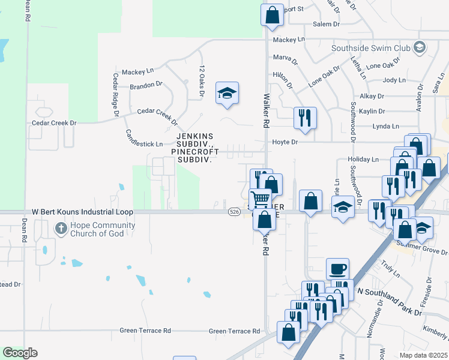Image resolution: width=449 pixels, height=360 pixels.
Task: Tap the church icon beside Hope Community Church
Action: pyautogui.click(x=61, y=228)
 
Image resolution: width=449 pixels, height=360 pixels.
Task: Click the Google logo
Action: pyautogui.click(x=20, y=352)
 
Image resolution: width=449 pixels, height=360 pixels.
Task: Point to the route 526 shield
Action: pyautogui.click(x=235, y=212)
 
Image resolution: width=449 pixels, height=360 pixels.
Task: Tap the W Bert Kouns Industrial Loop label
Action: pyautogui.click(x=82, y=212)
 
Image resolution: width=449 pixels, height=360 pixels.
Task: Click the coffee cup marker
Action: pyautogui.click(x=337, y=268)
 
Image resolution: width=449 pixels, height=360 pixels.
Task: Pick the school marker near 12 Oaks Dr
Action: pyautogui.click(x=227, y=93)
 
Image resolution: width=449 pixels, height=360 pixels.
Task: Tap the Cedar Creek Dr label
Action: pyautogui.click(x=55, y=123)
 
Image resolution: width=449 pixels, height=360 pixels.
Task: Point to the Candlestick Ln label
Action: pyautogui.click(x=144, y=144)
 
